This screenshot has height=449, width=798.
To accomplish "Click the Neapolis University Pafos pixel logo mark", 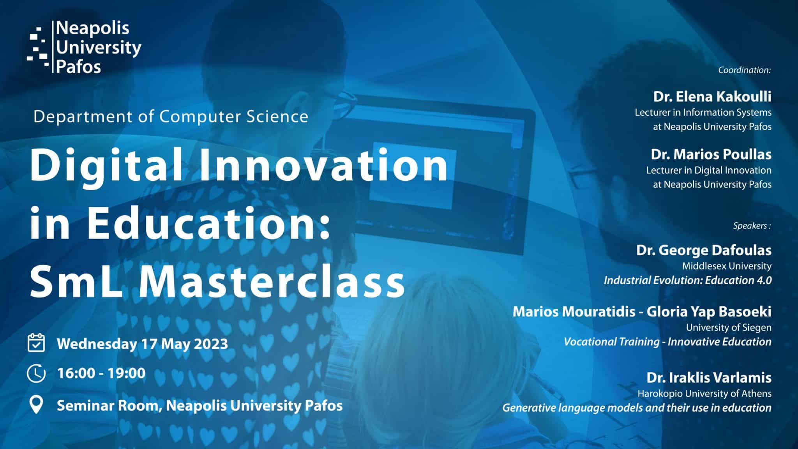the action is tap(38, 48).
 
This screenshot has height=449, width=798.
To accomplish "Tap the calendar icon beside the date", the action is tap(36, 343).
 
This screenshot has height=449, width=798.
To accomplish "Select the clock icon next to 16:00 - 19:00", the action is tap(36, 373).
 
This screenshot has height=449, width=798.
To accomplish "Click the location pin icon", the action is tap(36, 405).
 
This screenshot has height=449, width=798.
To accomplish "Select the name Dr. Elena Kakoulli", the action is tap(712, 97).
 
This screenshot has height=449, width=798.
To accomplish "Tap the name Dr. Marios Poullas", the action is tap(711, 154).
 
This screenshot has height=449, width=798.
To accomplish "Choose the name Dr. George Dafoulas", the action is tap(704, 250).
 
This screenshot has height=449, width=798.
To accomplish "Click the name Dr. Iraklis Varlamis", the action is tap(709, 378).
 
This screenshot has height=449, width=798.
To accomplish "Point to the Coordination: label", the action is tap(745, 70).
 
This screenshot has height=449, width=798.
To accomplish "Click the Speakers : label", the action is tap(752, 226).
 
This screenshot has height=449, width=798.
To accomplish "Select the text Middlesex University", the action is tap(727, 266).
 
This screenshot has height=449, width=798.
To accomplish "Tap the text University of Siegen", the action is tap(729, 328).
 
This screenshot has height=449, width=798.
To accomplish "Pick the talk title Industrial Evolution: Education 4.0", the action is tap(688, 280).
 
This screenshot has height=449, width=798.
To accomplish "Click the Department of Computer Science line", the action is tap(171, 117).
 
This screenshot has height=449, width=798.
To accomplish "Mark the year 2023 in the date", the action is tap(211, 344).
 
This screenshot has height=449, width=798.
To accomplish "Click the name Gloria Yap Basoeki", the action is tap(709, 312).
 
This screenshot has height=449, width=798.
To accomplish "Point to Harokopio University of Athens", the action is tap(704, 394).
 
